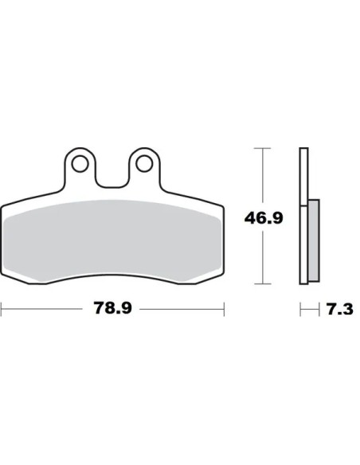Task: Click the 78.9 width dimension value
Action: (112, 308)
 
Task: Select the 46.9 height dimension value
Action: (264, 218)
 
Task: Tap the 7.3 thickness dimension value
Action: (340, 309)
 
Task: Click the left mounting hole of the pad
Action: (80, 163)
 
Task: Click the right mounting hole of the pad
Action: (144, 163)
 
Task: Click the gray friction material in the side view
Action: (314, 240)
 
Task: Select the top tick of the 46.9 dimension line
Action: (263, 148)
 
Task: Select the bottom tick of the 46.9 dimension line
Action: (263, 283)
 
